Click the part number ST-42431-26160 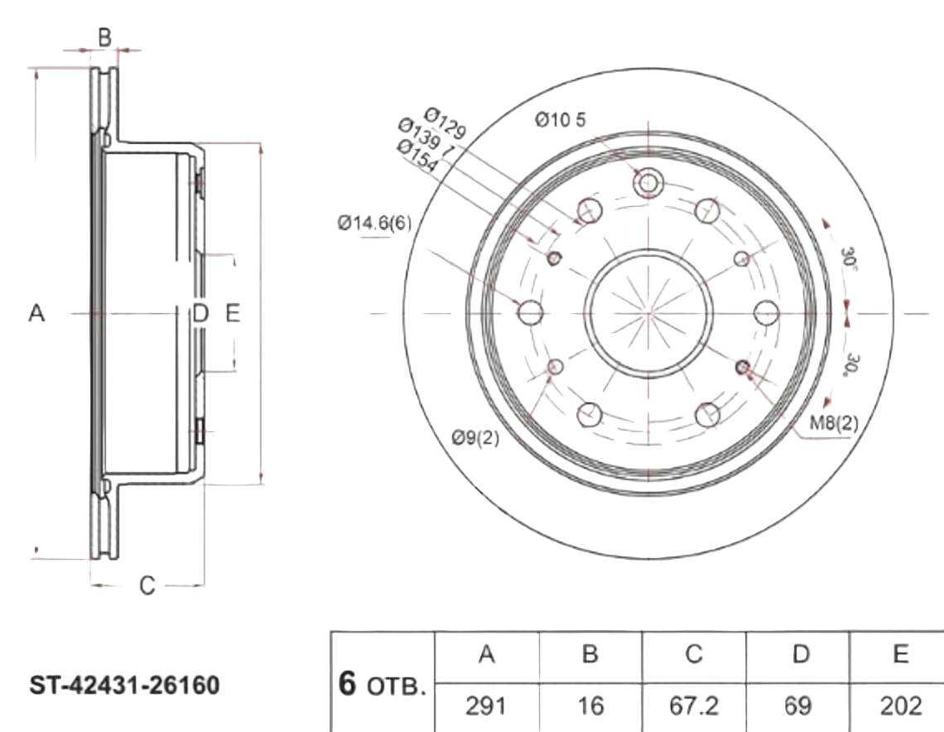tap(125, 686)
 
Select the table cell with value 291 tap(487, 706)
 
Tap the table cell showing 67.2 tap(694, 706)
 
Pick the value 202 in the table tap(901, 706)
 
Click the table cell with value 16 tap(590, 706)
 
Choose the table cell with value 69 tap(799, 706)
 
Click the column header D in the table tap(799, 654)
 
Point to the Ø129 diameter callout tap(445, 122)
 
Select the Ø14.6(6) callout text tap(373, 223)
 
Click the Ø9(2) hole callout tap(475, 438)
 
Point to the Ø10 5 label tap(560, 121)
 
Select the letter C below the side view tap(147, 585)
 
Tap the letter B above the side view tap(104, 36)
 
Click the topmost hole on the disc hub tap(648, 183)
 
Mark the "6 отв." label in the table tap(383, 686)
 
